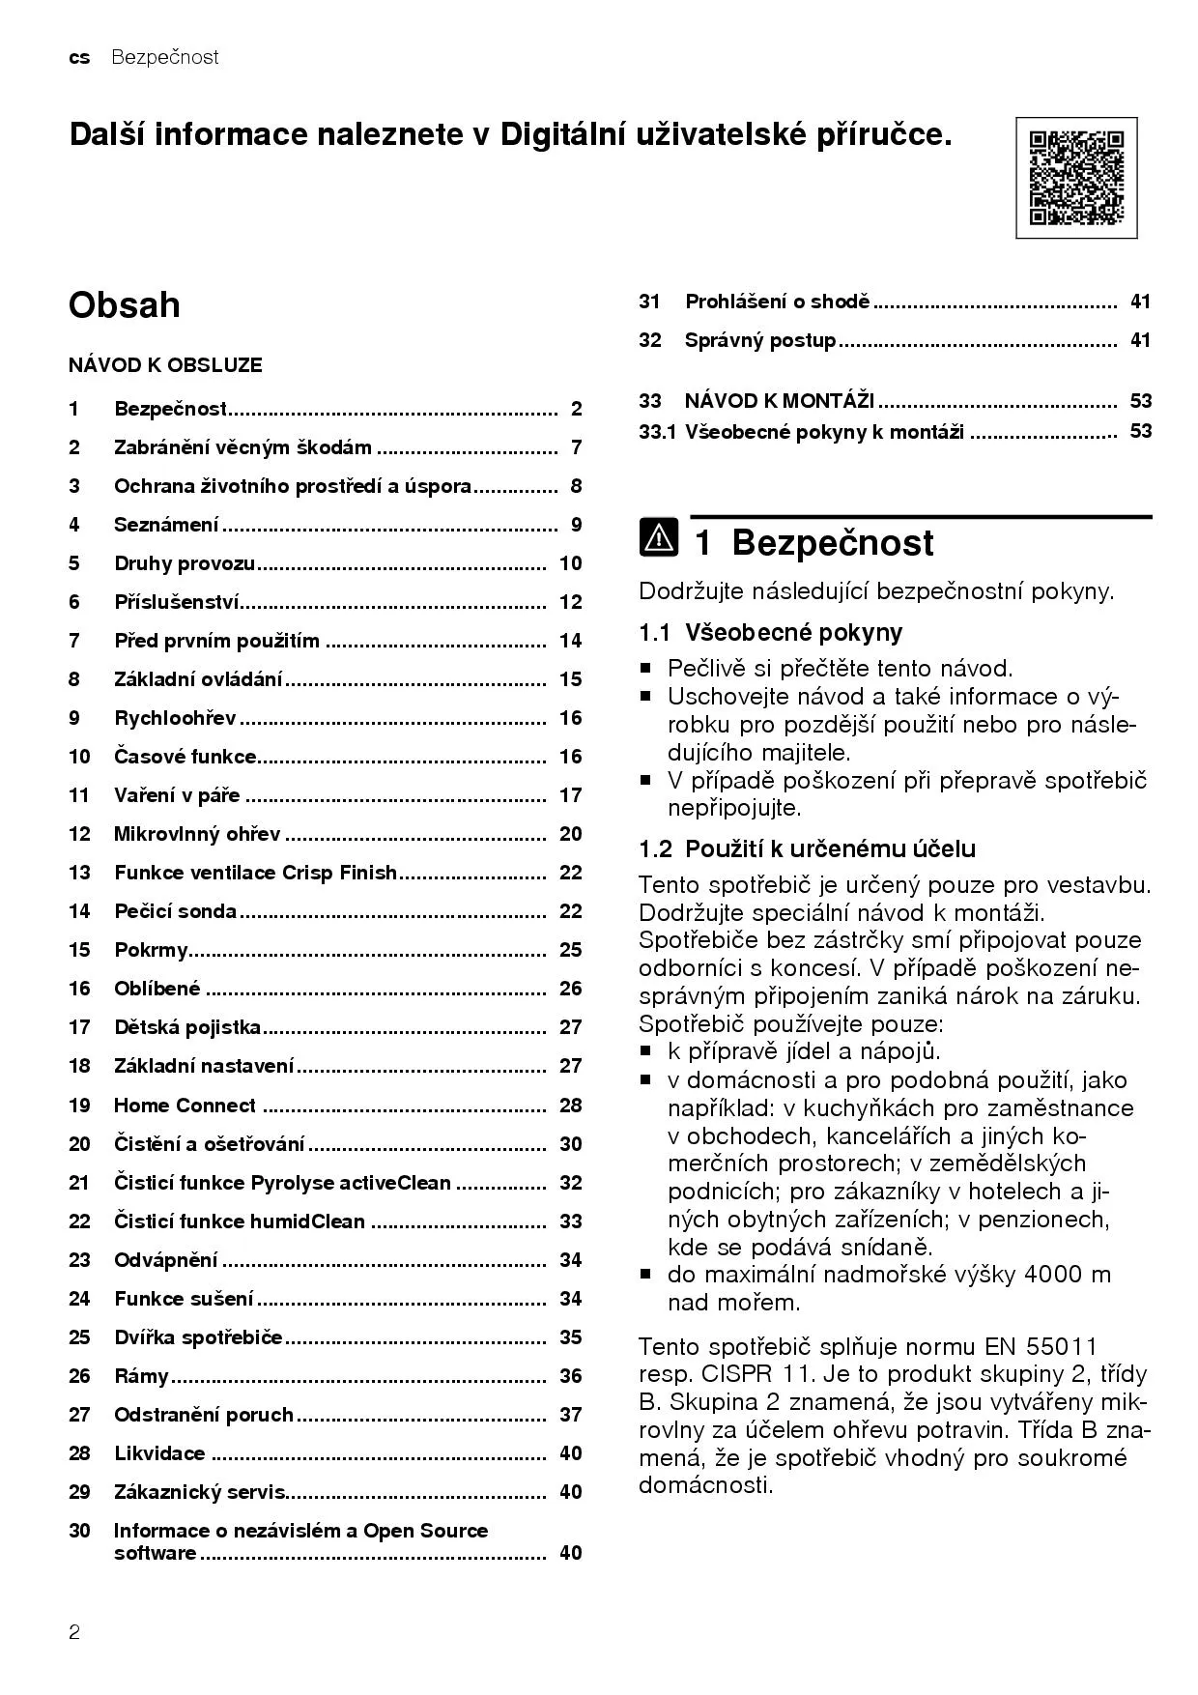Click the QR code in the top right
tap(1076, 178)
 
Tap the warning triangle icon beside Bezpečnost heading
tap(659, 538)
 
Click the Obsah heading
tap(124, 305)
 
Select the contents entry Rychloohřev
tap(175, 718)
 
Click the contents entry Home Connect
tap(185, 1106)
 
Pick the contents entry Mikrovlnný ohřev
tap(197, 834)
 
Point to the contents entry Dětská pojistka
tap(187, 1027)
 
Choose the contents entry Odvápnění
tap(166, 1260)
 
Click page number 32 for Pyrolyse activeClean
tap(570, 1183)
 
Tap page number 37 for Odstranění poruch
tap(570, 1415)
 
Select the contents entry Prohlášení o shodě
tap(778, 302)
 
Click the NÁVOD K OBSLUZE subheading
tap(165, 365)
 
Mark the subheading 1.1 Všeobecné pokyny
tap(770, 633)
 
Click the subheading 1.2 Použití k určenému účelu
tap(807, 849)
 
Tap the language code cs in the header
tap(79, 58)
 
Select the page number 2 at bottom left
tap(74, 1633)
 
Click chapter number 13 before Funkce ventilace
tap(79, 873)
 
